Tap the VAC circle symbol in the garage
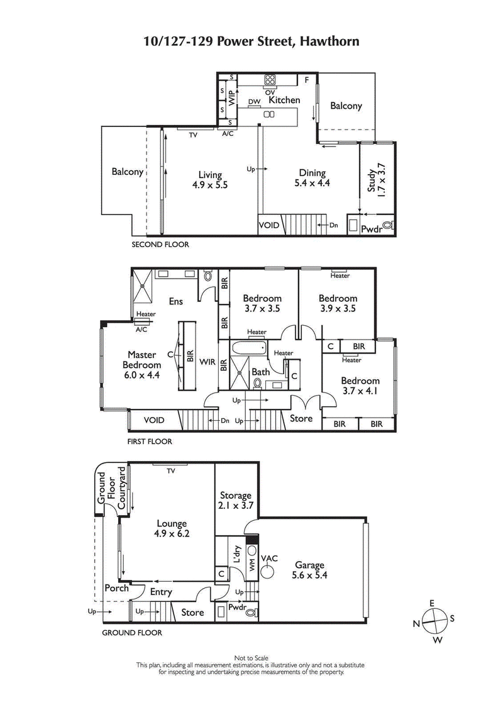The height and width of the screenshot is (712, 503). click(268, 572)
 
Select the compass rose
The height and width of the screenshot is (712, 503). click(433, 620)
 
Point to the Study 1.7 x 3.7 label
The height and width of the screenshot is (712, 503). click(376, 181)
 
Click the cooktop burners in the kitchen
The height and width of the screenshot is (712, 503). click(270, 80)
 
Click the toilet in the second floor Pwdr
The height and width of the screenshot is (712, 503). click(387, 225)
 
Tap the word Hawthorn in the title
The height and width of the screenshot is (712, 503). click(329, 42)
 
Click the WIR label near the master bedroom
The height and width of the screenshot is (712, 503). click(207, 362)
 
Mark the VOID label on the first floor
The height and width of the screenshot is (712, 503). click(153, 420)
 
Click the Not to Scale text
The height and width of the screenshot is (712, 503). click(251, 657)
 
